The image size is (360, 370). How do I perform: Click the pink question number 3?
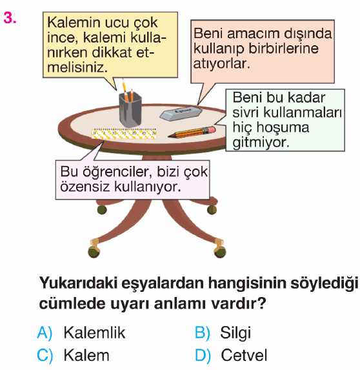[x=10, y=18]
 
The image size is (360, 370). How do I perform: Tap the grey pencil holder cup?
[x=130, y=109]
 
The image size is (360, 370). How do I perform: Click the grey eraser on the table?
[x=181, y=113]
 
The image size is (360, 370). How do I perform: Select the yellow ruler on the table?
[x=124, y=134]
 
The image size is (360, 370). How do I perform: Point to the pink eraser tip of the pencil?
[x=210, y=130]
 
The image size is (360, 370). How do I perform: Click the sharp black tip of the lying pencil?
[x=170, y=136]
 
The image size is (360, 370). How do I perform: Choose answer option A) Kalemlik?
[x=81, y=333]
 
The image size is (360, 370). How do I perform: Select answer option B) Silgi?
[x=223, y=333]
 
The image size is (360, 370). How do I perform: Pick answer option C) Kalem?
[x=74, y=355]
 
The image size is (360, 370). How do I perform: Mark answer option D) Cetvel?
[x=231, y=355]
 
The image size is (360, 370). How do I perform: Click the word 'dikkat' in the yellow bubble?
[x=112, y=52]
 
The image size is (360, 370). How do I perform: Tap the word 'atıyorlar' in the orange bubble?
[x=221, y=64]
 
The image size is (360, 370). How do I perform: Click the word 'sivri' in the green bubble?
[x=246, y=112]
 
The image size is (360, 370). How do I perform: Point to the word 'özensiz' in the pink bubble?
[x=85, y=187]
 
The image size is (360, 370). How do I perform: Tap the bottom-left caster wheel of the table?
[x=94, y=252]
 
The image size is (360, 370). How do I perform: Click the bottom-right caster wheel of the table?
[x=220, y=252]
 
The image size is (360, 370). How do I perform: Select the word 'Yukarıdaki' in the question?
[x=78, y=283]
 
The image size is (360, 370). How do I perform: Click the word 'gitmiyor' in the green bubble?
[x=261, y=143]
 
